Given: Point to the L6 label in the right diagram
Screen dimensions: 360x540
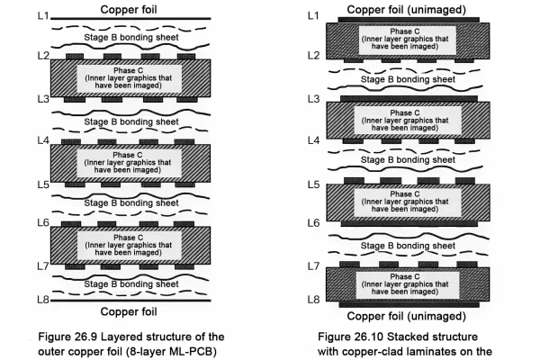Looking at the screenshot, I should click(x=314, y=222).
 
